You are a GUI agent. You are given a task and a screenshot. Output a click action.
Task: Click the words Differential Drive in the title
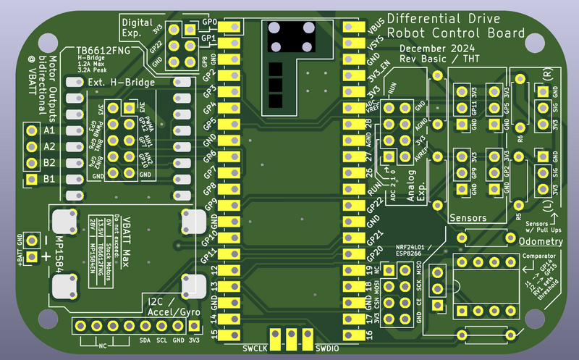coord(457,18)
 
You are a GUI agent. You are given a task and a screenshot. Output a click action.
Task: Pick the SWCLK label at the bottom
coord(255,348)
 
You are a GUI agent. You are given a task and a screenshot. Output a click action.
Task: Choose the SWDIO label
coord(330,348)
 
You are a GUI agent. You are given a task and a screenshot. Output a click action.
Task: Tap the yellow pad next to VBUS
coord(352,28)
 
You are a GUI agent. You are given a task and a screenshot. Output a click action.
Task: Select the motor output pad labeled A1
coord(30,130)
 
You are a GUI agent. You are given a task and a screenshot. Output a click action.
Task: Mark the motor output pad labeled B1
coord(30,178)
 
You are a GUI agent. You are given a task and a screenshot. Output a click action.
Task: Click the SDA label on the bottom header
coord(145,339)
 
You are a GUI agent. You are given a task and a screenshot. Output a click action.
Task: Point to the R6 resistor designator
coord(520,138)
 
